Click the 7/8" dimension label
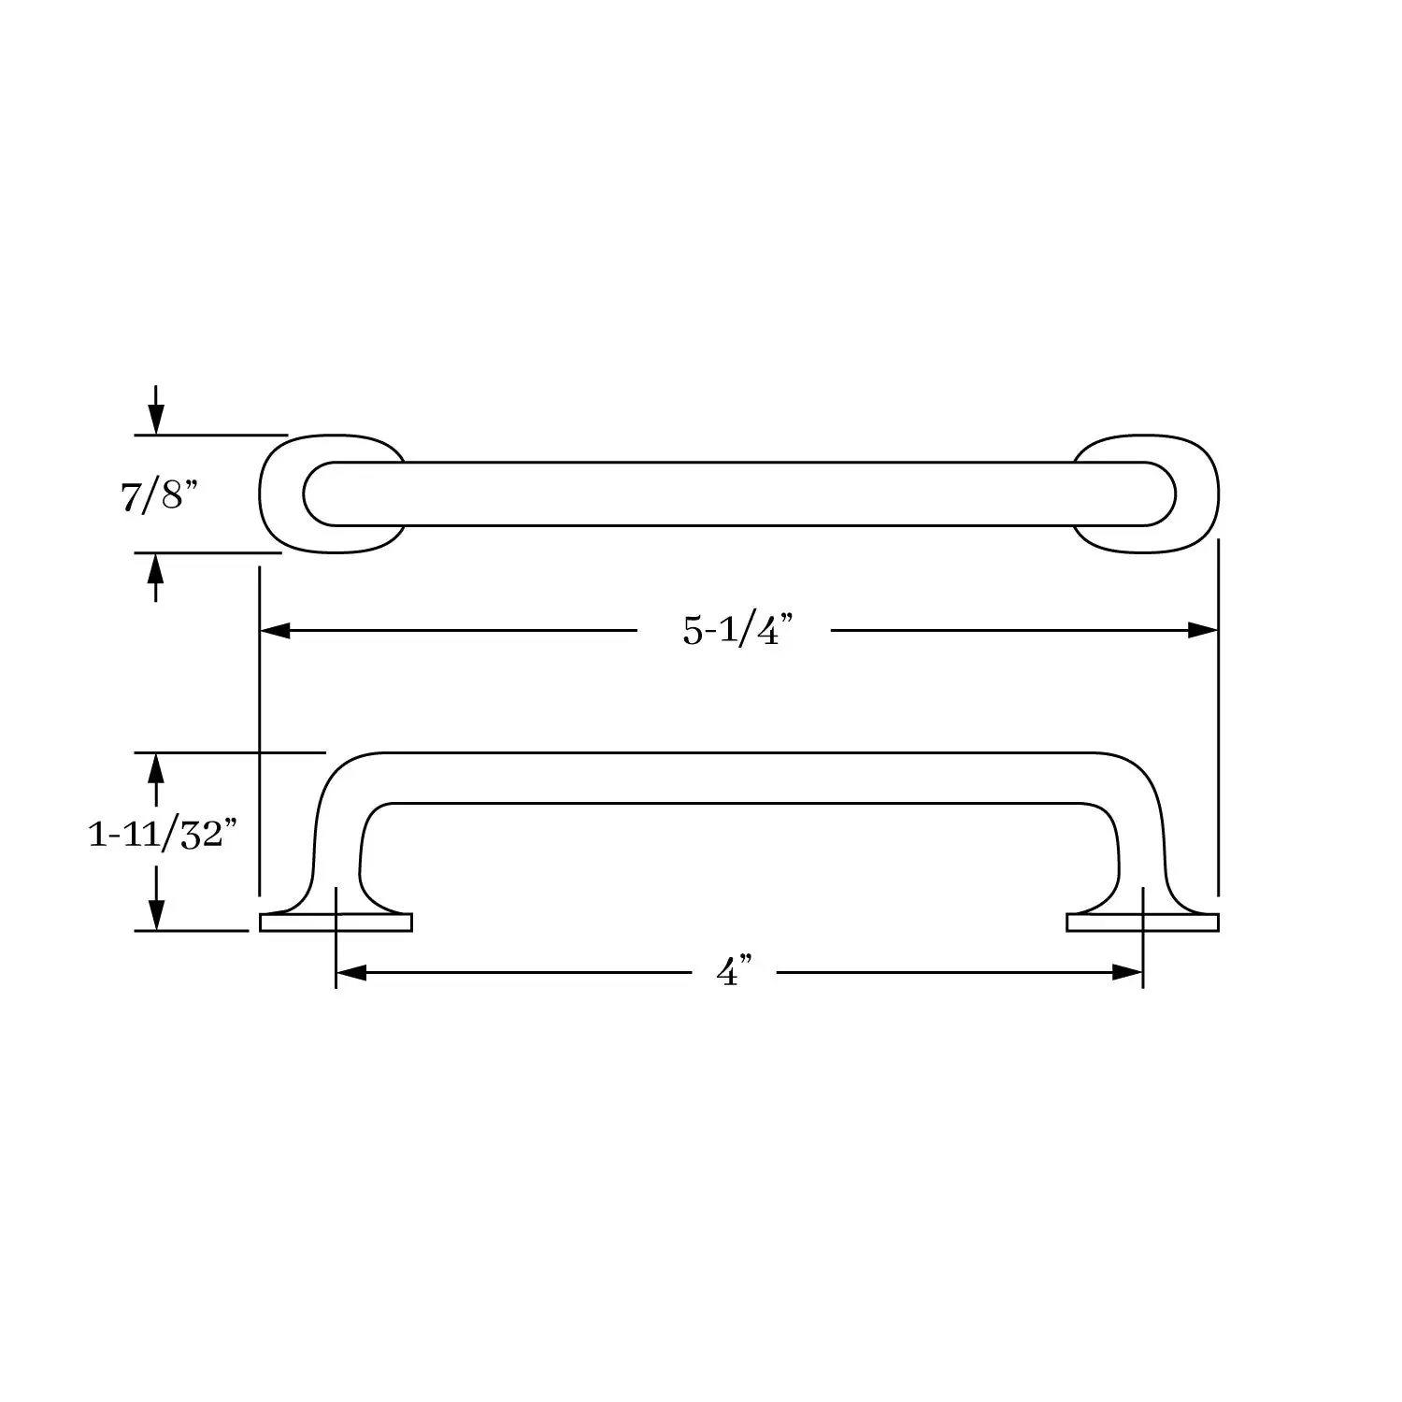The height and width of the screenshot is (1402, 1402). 160,495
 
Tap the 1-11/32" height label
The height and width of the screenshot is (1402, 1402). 157,834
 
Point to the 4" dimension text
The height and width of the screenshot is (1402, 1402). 735,972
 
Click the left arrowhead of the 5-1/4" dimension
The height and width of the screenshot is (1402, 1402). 275,631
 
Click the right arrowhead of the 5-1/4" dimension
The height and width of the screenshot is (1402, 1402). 1203,631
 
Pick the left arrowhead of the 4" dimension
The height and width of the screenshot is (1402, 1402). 350,973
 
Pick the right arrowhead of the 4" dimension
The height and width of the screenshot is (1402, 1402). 1128,973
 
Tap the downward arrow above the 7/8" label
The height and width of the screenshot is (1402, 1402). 156,409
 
